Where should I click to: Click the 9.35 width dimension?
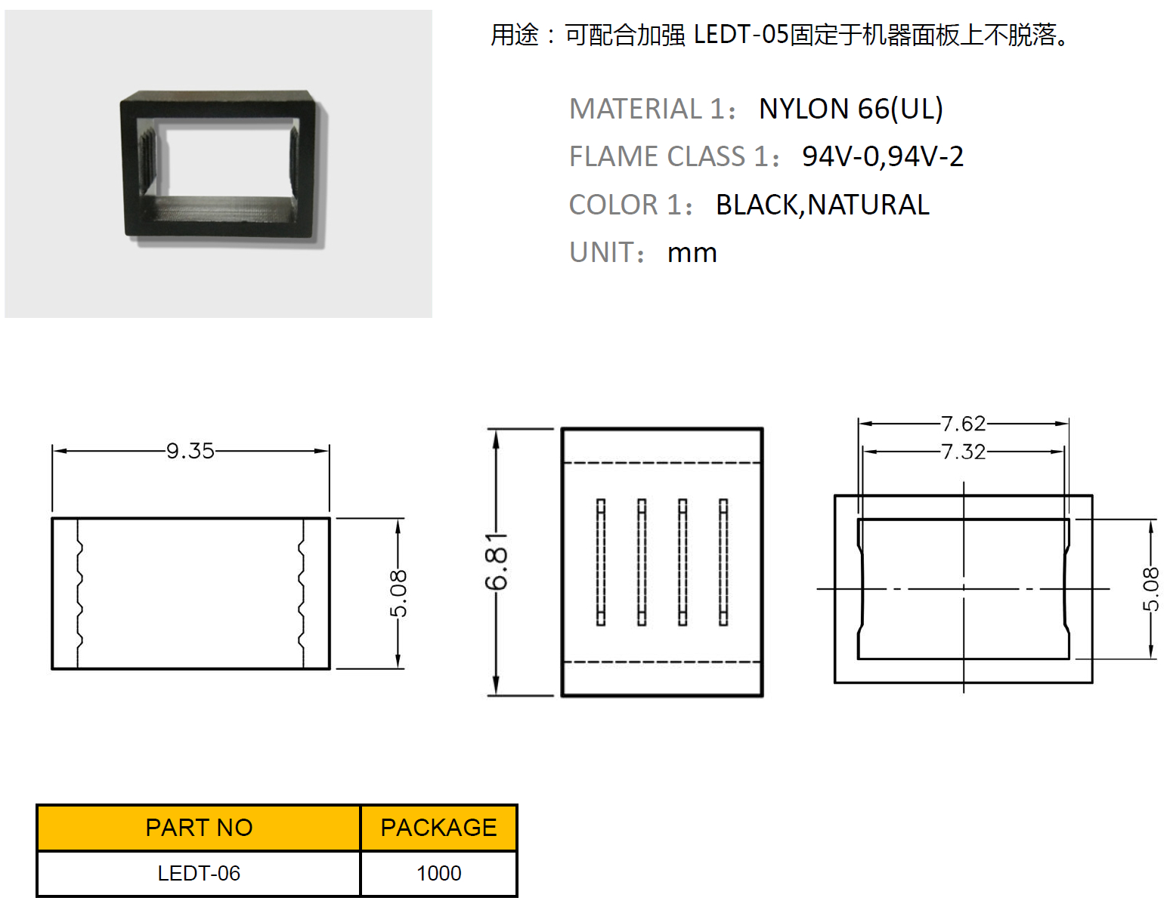tap(190, 452)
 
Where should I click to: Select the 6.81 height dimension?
tap(497, 562)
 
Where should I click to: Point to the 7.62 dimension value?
tap(964, 424)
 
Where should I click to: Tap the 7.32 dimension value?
tap(964, 452)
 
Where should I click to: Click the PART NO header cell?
tap(199, 828)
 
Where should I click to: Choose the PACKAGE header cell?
tap(439, 828)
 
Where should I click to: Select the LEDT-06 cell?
tap(199, 874)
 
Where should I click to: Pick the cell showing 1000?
tap(439, 874)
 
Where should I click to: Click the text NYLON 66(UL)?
tap(850, 109)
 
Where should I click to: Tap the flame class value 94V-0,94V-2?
tap(883, 156)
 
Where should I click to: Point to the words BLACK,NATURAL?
tap(823, 205)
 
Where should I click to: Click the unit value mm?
tap(692, 253)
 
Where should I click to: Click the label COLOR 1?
tap(630, 205)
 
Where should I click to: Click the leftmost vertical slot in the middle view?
tap(600, 563)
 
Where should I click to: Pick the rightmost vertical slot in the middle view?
tap(723, 563)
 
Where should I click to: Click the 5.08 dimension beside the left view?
tap(398, 594)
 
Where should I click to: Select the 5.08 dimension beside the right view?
tap(1150, 589)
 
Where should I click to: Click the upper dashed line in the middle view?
tap(661, 462)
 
